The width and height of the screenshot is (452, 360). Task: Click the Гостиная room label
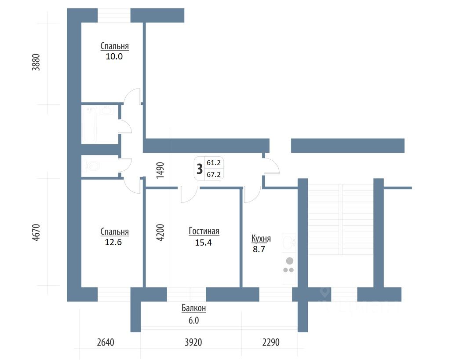[204, 231]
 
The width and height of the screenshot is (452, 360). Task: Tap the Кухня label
[261, 239]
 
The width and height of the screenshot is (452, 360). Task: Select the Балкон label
[193, 309]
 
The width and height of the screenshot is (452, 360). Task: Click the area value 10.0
[114, 56]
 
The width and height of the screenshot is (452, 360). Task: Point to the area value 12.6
[114, 242]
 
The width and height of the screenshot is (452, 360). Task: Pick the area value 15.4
[204, 242]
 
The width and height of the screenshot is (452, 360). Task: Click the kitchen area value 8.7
[259, 249]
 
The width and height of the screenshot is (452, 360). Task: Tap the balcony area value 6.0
[193, 320]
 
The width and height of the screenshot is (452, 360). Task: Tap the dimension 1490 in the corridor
[160, 169]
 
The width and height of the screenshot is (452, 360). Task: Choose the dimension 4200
[160, 232]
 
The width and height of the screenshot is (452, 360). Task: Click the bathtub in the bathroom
[89, 124]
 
